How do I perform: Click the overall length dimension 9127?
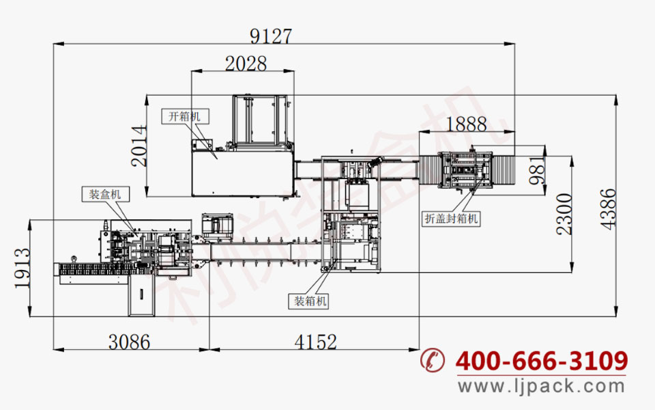pyautogui.click(x=271, y=36)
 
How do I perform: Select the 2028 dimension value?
pyautogui.click(x=246, y=64)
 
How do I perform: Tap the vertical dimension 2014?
pyautogui.click(x=139, y=146)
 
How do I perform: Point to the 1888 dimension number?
pyautogui.click(x=466, y=124)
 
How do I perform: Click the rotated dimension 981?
pyautogui.click(x=537, y=171)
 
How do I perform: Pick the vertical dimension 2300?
pyautogui.click(x=564, y=214)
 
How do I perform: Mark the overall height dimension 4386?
pyautogui.click(x=608, y=209)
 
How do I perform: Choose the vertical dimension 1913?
pyautogui.click(x=23, y=268)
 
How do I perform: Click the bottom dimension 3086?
pyautogui.click(x=129, y=342)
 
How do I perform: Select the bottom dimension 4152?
pyautogui.click(x=315, y=342)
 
